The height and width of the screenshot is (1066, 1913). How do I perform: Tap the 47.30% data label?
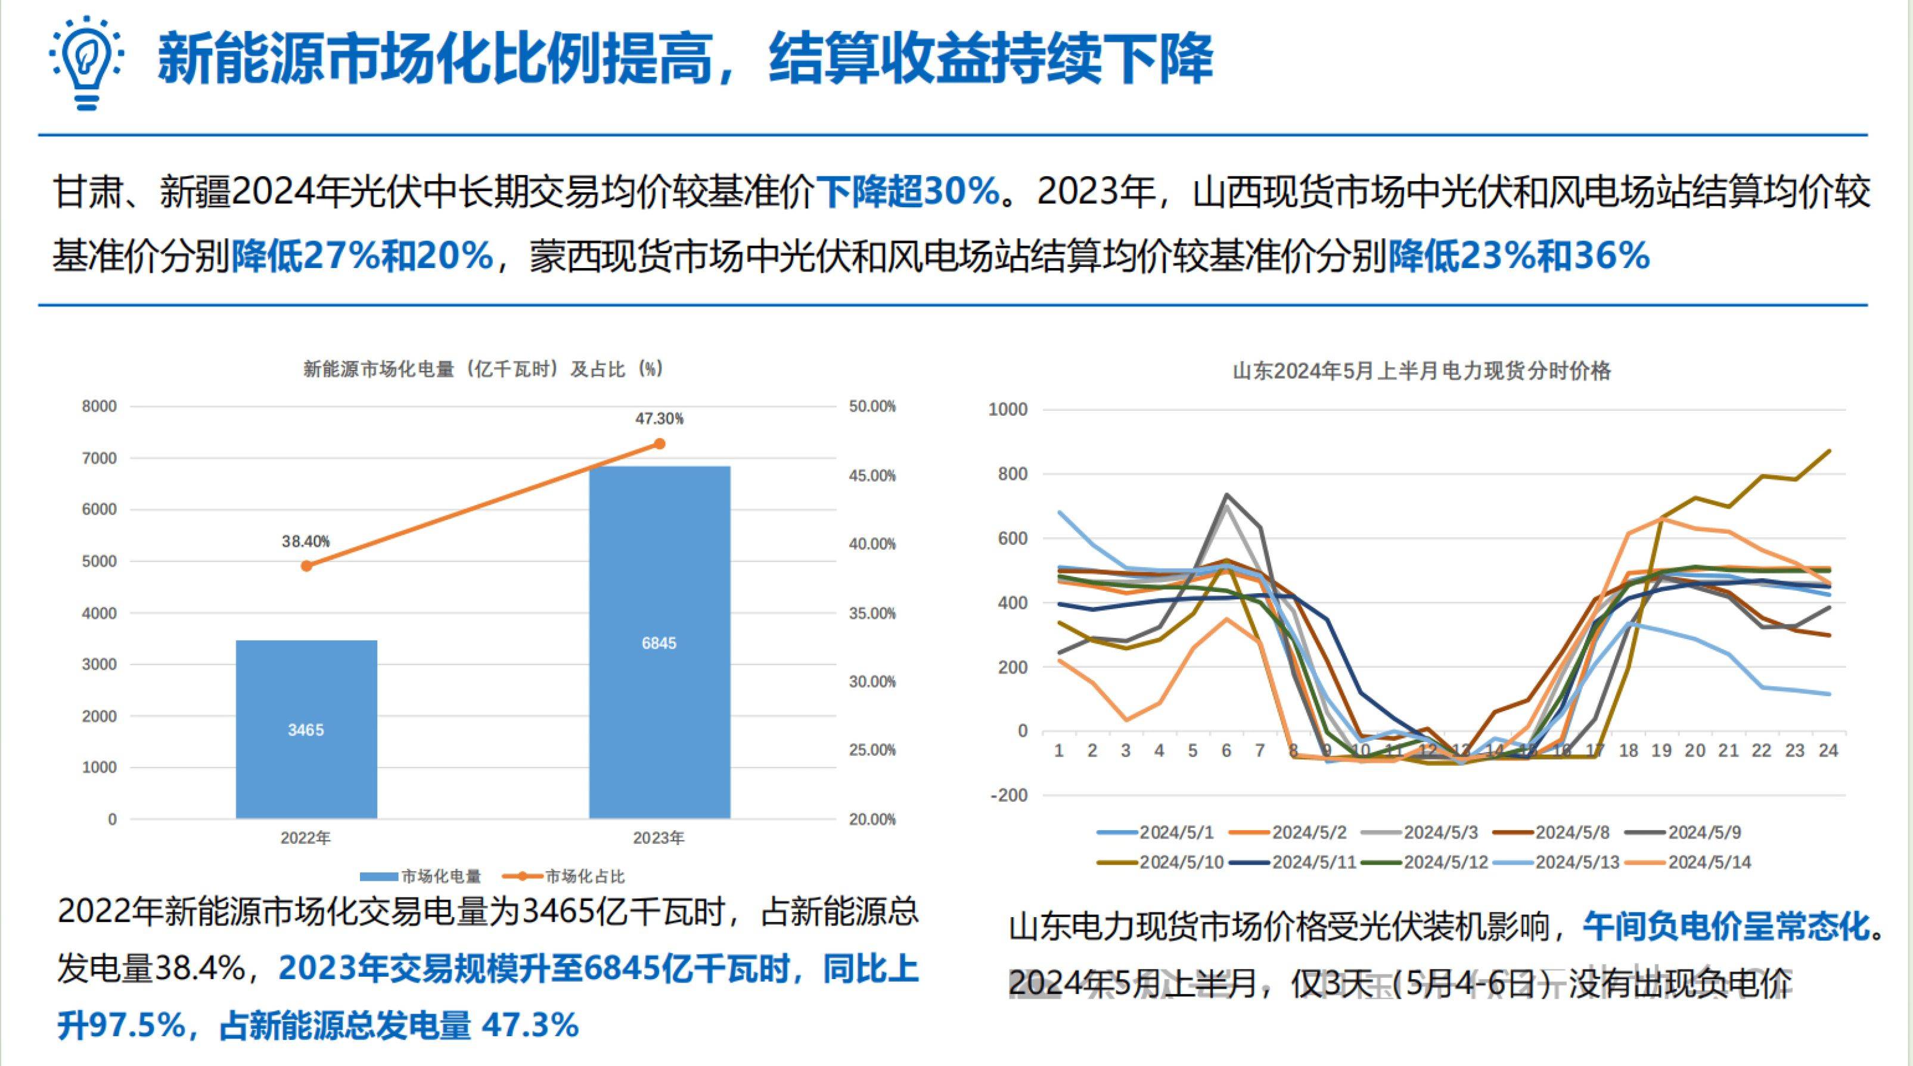click(659, 419)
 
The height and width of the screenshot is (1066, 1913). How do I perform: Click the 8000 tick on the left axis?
click(99, 406)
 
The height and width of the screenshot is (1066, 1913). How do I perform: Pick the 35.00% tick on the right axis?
click(872, 613)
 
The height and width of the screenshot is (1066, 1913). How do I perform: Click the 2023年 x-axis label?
click(658, 838)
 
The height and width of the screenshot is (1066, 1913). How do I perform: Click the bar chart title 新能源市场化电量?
click(483, 369)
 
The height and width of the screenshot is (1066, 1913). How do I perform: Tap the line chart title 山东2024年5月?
click(1421, 370)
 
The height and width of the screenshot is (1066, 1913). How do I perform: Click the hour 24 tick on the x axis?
click(1828, 750)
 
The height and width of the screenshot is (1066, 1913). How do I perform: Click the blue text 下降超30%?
click(908, 192)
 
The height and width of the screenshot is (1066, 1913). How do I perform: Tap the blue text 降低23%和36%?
click(1518, 257)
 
